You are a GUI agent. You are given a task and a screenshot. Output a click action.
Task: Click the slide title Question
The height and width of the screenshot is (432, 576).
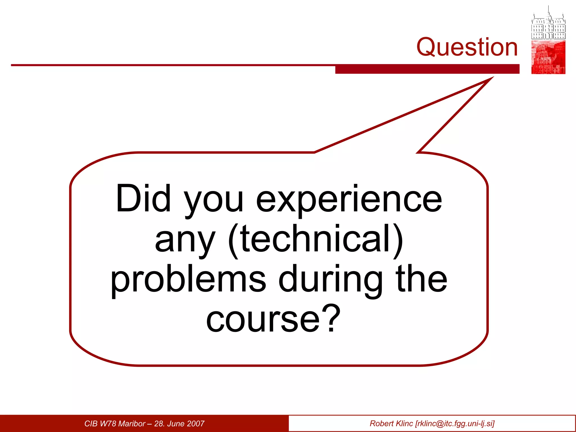pyautogui.click(x=467, y=47)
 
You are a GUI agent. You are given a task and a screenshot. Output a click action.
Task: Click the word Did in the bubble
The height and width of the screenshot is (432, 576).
pyautogui.click(x=143, y=198)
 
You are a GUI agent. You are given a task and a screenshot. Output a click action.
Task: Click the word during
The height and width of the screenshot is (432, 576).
pyautogui.click(x=330, y=280)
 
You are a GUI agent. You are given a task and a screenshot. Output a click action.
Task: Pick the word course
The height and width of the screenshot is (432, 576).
pyautogui.click(x=263, y=319)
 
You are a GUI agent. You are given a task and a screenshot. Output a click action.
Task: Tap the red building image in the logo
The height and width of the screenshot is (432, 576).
pyautogui.click(x=548, y=57)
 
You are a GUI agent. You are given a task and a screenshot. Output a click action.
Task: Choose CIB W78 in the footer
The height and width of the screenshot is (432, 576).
pyautogui.click(x=100, y=424)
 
